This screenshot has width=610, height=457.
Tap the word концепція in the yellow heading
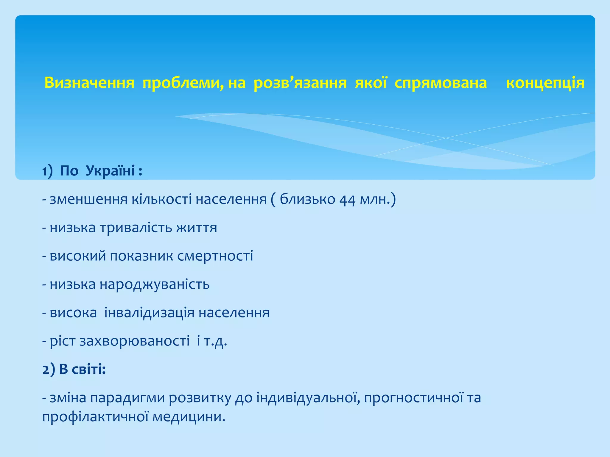coord(545,83)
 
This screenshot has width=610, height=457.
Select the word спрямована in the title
coord(441,83)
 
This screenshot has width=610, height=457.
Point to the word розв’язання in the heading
coord(300,83)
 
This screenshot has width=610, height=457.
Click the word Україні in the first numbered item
coord(111,171)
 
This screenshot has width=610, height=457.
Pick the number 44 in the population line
coord(347,199)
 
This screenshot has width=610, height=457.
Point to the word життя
coord(197,228)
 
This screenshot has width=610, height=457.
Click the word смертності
coord(215,256)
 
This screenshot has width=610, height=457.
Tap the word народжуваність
coord(155,284)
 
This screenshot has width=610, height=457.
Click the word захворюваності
coord(134,341)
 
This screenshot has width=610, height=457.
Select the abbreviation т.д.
coord(215,341)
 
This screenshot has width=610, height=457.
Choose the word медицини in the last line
coord(189,417)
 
